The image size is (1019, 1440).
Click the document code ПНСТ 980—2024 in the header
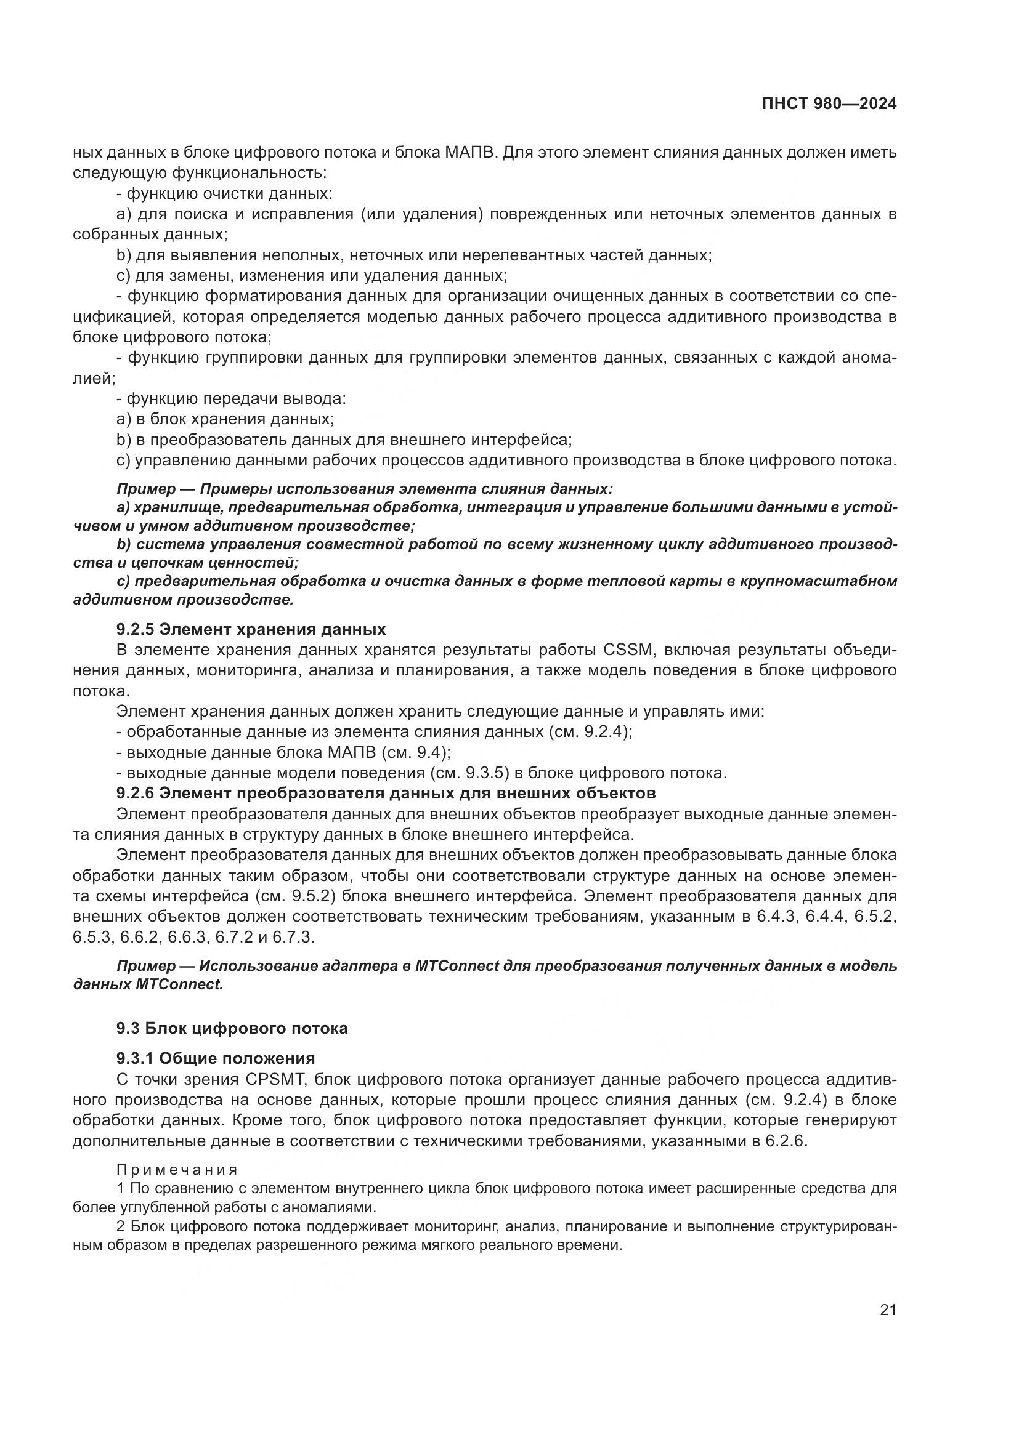point(829,104)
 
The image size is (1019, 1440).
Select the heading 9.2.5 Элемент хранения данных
point(251,629)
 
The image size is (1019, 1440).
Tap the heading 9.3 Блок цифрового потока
point(232,1028)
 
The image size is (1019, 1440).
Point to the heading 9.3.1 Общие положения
point(215,1059)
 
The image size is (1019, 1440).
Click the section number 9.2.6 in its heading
point(135,793)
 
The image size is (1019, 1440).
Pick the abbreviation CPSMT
point(274,1079)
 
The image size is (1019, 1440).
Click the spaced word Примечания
point(177,1170)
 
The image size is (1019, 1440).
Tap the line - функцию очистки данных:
point(225,193)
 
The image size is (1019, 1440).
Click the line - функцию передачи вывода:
point(231,398)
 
